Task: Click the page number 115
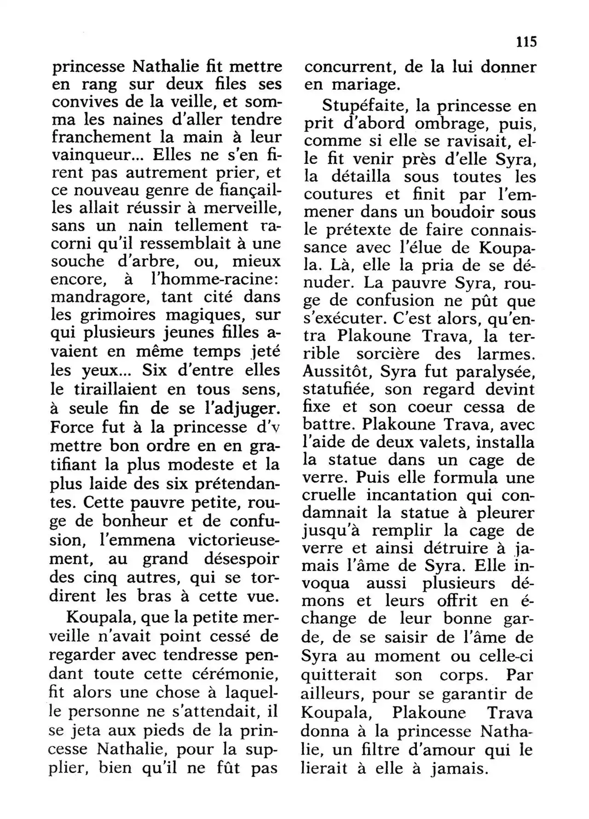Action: [x=526, y=42]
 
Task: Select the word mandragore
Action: [x=99, y=297]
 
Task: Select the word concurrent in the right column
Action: [x=350, y=67]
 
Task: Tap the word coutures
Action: [x=338, y=194]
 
